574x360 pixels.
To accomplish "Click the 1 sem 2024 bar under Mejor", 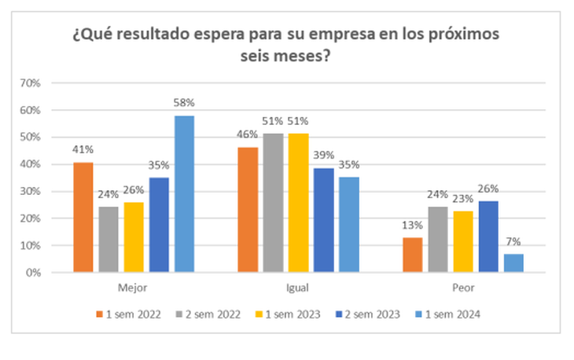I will (x=185, y=194).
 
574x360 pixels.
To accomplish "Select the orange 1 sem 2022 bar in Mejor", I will (x=83, y=218).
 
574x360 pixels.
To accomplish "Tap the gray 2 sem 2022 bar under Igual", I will (x=273, y=204).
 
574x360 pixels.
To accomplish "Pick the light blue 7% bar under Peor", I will (x=513, y=263).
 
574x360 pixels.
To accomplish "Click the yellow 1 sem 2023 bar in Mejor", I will (x=134, y=237).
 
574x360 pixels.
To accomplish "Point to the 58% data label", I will (x=185, y=102).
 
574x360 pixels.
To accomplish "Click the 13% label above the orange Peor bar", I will (x=412, y=225).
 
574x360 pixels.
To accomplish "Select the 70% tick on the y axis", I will (x=39, y=83).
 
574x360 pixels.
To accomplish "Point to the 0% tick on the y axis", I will (x=42, y=273).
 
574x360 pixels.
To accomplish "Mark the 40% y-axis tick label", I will (x=39, y=164).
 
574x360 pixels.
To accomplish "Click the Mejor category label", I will (x=134, y=288).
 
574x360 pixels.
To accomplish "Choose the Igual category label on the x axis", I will (x=298, y=288).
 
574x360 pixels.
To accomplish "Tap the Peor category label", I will (x=462, y=288).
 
